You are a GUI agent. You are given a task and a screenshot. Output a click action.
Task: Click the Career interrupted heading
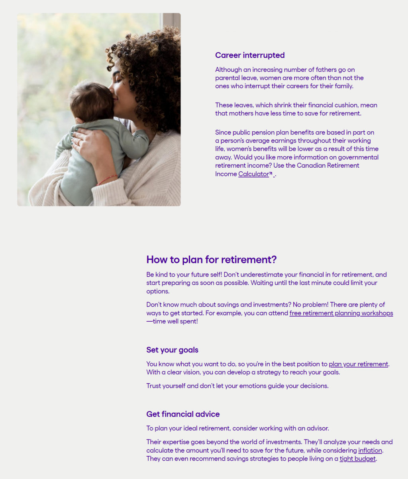click(x=250, y=55)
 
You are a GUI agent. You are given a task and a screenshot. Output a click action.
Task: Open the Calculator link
click(x=253, y=174)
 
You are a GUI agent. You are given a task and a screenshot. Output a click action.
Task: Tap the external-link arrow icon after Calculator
click(x=271, y=174)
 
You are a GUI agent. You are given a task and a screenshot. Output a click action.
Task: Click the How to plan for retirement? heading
click(x=211, y=259)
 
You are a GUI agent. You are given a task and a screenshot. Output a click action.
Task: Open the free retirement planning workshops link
click(x=341, y=313)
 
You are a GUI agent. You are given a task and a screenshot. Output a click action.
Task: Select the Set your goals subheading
click(x=172, y=350)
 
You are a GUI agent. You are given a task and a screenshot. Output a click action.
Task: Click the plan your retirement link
click(x=358, y=364)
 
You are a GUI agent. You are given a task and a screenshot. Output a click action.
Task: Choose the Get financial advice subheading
click(x=183, y=414)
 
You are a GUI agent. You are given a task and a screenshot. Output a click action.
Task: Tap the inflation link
click(x=370, y=450)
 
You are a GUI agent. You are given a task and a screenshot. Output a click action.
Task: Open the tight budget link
click(x=357, y=459)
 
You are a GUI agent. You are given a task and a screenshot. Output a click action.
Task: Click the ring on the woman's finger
click(x=78, y=141)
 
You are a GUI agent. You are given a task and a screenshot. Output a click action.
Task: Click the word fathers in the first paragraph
click(x=316, y=69)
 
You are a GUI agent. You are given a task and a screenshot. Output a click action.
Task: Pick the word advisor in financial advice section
click(x=318, y=428)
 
